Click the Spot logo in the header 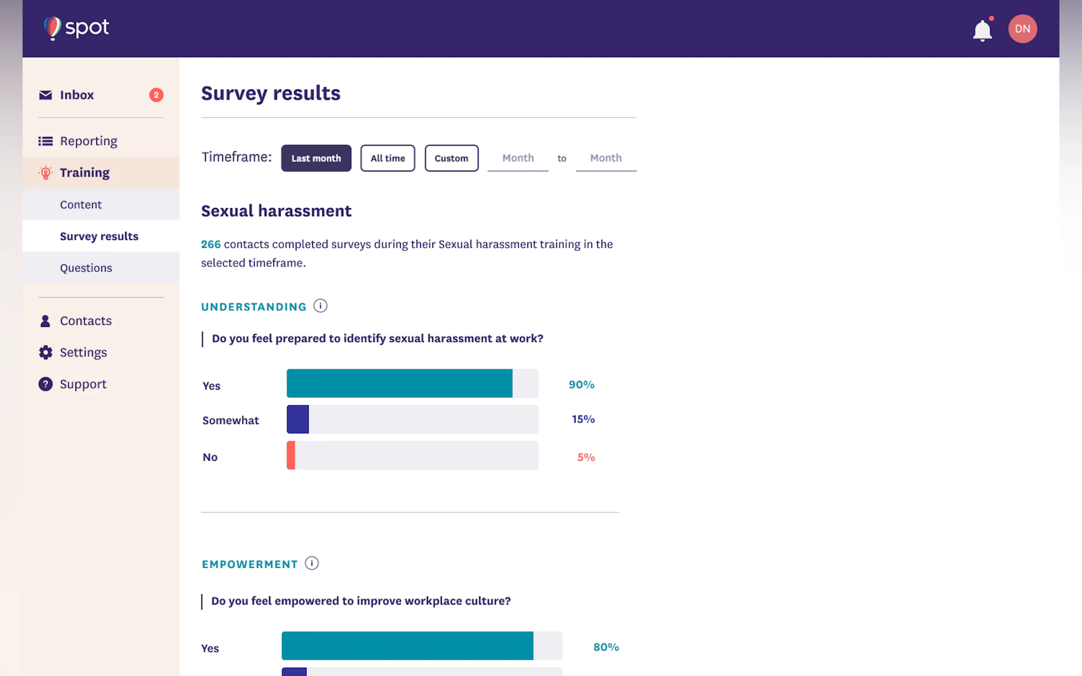click(x=77, y=28)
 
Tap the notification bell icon click(x=982, y=30)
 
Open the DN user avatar click(x=1022, y=29)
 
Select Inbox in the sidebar click(x=77, y=95)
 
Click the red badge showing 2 click(x=156, y=95)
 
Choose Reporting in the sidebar click(x=88, y=141)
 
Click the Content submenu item click(x=81, y=205)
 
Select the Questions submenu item click(x=86, y=268)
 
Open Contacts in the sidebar click(x=86, y=321)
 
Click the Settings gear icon click(x=46, y=353)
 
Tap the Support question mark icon click(x=46, y=384)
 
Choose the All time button click(x=387, y=158)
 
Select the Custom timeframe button click(x=451, y=158)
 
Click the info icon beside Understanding click(x=320, y=306)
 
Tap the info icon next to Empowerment click(x=312, y=563)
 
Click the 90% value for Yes click(x=581, y=384)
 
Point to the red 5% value click(x=585, y=457)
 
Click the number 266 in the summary click(x=211, y=244)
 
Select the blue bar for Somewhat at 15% click(x=298, y=419)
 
